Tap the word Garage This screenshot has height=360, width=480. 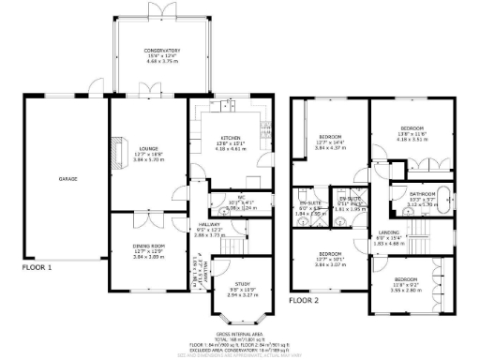point(68,178)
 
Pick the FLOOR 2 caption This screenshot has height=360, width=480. point(306,301)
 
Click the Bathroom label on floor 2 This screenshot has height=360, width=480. point(423,194)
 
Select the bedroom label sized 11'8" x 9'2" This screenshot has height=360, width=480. point(406,280)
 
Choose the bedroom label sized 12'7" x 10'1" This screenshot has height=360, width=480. point(328,254)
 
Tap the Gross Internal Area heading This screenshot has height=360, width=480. point(238,333)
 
